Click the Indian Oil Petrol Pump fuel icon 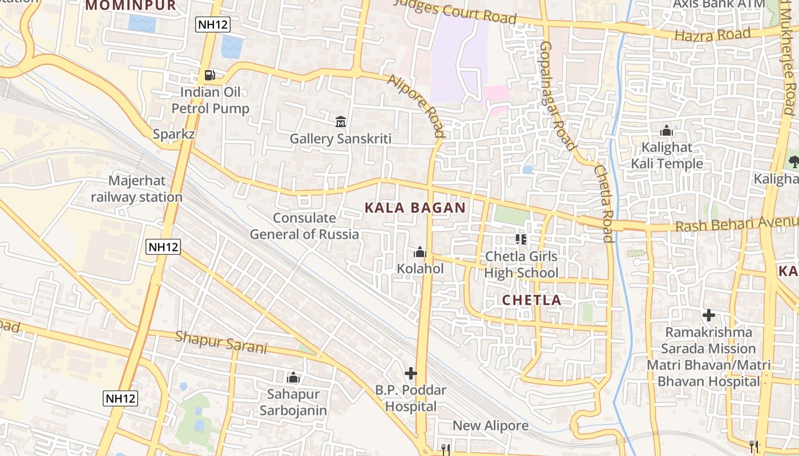click(x=210, y=75)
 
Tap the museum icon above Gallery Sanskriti click(x=341, y=121)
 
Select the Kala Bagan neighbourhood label click(x=415, y=208)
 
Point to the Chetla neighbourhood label click(x=532, y=300)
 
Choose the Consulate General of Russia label click(x=304, y=226)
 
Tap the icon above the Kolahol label click(x=420, y=252)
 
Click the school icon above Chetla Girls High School click(x=520, y=239)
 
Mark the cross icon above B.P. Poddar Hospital click(x=410, y=373)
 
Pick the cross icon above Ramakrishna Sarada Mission click(x=708, y=315)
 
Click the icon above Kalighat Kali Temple click(x=666, y=131)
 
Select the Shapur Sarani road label click(x=221, y=341)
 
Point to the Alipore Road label click(x=416, y=106)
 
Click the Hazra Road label click(x=712, y=35)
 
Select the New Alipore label click(x=490, y=426)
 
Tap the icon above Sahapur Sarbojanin click(x=293, y=377)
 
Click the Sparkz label click(x=174, y=135)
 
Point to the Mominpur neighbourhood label click(x=131, y=6)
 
